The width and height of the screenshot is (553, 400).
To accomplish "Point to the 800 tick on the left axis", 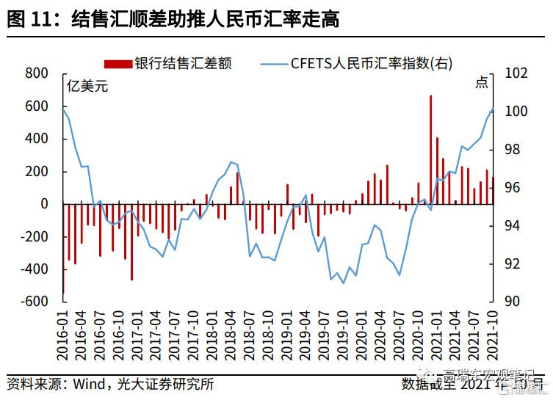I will tap(36, 73).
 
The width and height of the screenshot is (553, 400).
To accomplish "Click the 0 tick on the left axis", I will tap(44, 204).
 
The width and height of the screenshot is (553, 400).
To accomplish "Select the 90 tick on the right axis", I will tap(513, 302).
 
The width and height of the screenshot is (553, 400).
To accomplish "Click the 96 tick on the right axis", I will tap(513, 188).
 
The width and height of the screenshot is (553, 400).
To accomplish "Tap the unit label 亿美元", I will tap(87, 87).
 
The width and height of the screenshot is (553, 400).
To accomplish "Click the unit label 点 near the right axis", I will tap(481, 83).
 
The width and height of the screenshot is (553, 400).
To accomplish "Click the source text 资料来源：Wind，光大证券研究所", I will tap(110, 384).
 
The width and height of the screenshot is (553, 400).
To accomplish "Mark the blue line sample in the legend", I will tap(274, 63).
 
